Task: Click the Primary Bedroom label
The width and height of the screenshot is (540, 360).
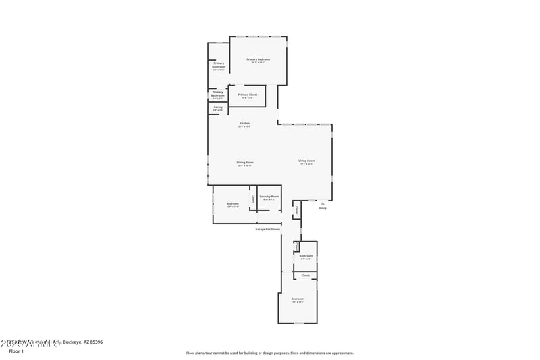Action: point(259,59)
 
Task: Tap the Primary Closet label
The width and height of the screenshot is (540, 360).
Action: point(248,95)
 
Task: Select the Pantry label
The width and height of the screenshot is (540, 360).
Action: point(218,107)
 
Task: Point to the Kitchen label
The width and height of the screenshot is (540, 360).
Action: point(244,123)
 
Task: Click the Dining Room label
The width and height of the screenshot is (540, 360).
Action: point(245,162)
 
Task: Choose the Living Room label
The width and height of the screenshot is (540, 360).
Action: point(307,161)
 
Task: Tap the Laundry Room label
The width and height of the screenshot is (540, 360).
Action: point(269,197)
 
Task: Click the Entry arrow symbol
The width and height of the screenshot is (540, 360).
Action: point(323,203)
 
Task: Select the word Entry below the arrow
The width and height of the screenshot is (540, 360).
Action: point(323,208)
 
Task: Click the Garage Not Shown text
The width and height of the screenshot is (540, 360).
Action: point(267,229)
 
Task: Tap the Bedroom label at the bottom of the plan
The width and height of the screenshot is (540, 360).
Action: point(298,299)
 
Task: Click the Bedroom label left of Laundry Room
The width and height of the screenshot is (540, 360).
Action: point(233,204)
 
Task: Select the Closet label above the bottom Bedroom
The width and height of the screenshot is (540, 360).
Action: point(306,276)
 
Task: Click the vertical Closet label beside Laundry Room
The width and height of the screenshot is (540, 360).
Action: point(253,199)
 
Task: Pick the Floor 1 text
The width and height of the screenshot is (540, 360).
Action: point(16,351)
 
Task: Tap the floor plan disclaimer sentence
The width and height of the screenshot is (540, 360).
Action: point(270,353)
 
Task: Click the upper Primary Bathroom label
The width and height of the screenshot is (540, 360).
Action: point(219,66)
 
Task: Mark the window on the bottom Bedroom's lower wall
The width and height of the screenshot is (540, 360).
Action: point(298,323)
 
